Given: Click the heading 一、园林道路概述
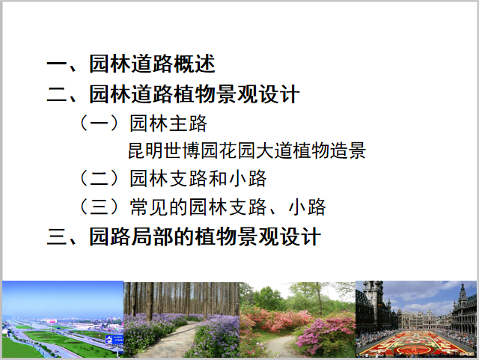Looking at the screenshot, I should click(131, 64).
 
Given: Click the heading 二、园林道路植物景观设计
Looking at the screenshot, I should click(173, 95).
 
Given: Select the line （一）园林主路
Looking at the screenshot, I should click(142, 123).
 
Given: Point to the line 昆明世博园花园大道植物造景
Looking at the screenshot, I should click(246, 150).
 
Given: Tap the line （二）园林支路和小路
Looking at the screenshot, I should click(172, 179).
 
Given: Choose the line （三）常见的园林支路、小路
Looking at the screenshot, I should click(202, 207).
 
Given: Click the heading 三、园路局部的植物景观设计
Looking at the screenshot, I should click(183, 238).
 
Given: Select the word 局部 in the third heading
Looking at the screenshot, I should click(152, 238).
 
